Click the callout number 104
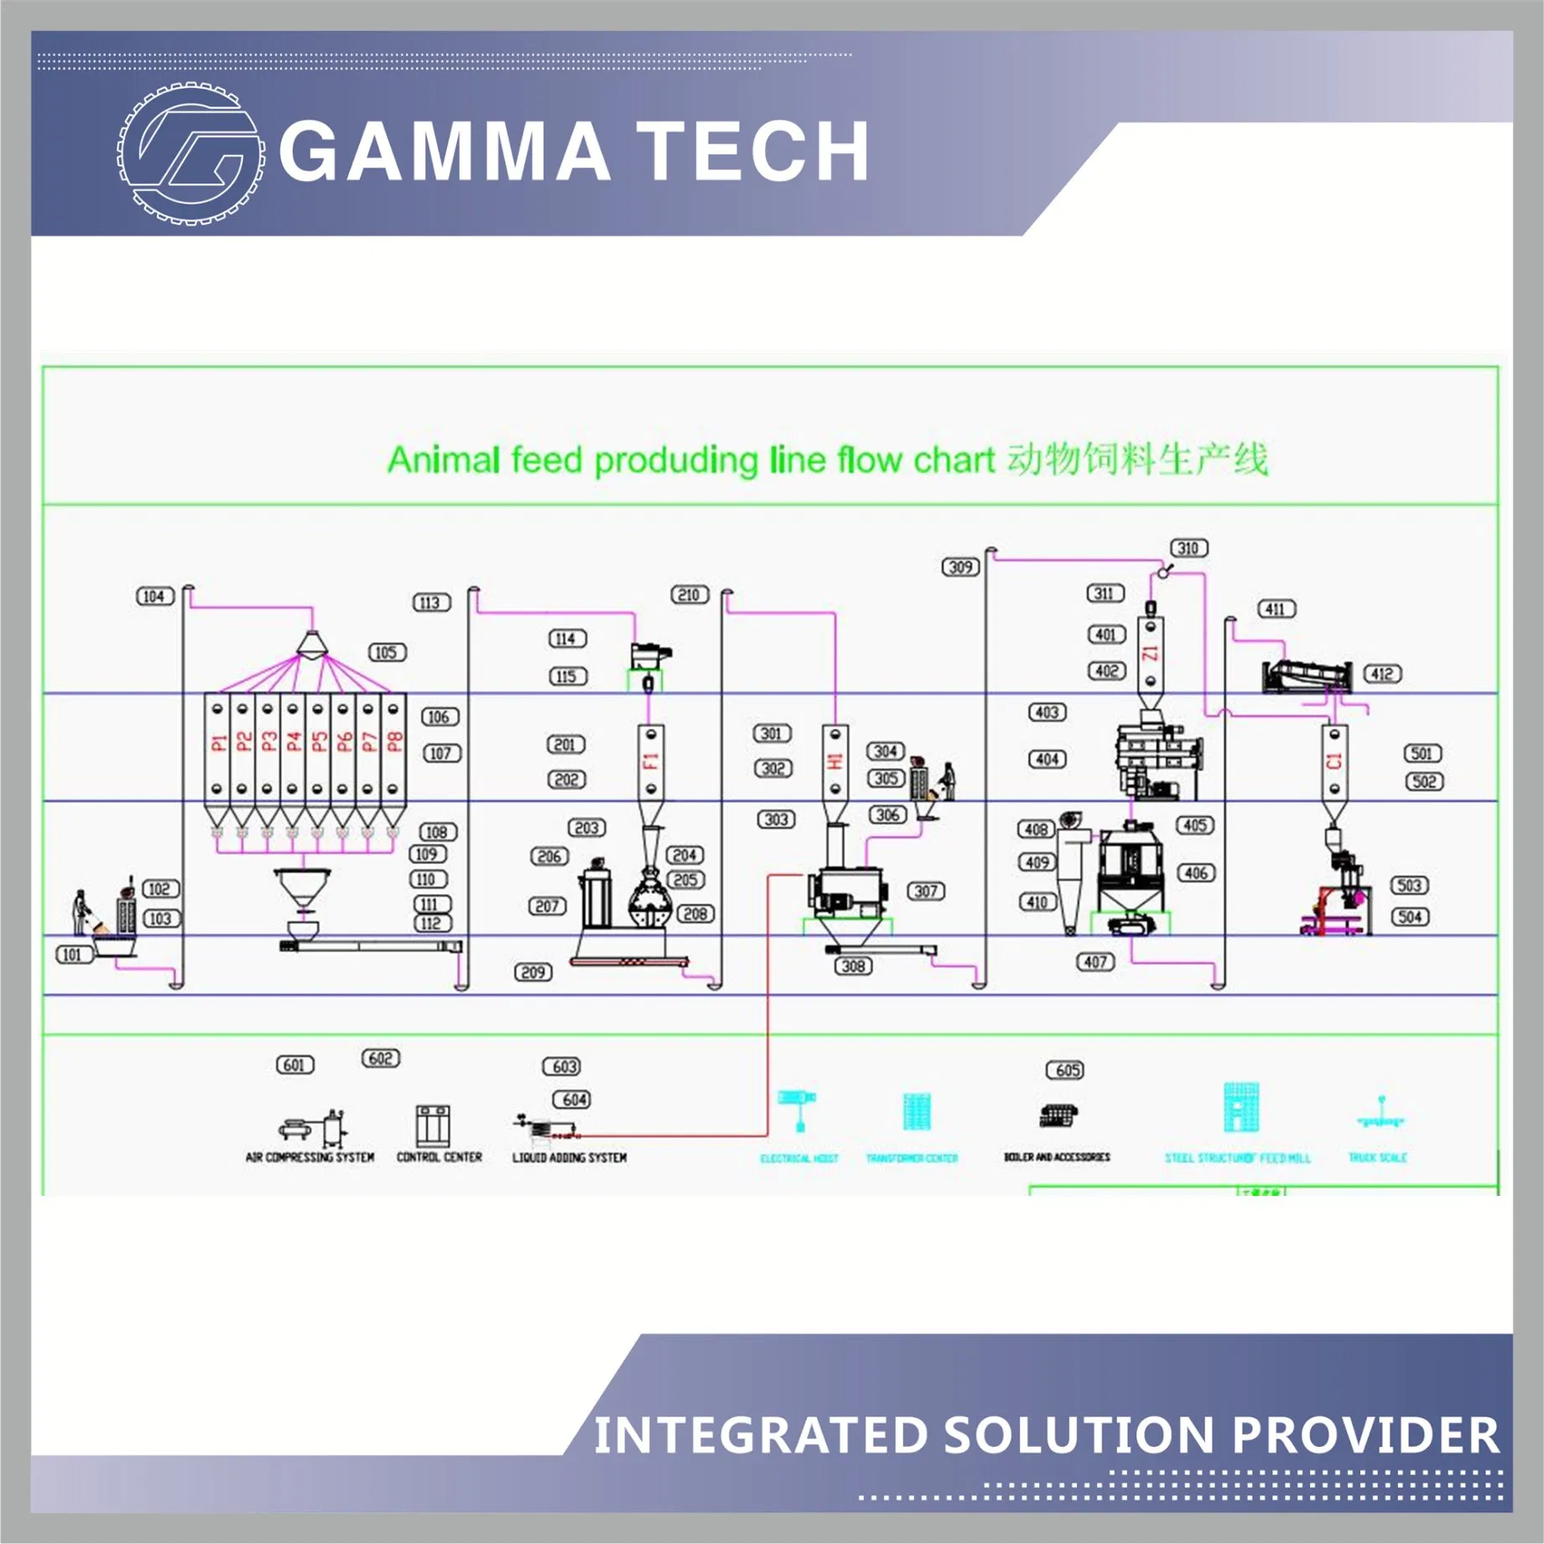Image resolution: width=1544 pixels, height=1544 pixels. pyautogui.click(x=154, y=596)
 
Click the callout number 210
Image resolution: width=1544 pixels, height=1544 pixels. pyautogui.click(x=689, y=595)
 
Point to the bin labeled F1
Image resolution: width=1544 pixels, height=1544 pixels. pyautogui.click(x=651, y=762)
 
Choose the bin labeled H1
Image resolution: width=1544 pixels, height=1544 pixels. pyautogui.click(x=834, y=762)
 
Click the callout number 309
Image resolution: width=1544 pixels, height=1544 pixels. pyautogui.click(x=960, y=567)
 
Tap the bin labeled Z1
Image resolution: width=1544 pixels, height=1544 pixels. pyautogui.click(x=1151, y=652)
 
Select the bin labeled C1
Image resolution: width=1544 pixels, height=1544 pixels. pyautogui.click(x=1334, y=762)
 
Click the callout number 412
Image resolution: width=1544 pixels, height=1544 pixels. pyautogui.click(x=1382, y=673)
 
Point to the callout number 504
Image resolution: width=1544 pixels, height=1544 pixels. pyautogui.click(x=1410, y=917)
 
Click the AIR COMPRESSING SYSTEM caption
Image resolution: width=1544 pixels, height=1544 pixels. pyautogui.click(x=309, y=1157)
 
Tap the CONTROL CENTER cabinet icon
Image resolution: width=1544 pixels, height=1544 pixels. pyautogui.click(x=434, y=1126)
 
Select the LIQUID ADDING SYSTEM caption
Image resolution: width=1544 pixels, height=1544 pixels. pyautogui.click(x=569, y=1157)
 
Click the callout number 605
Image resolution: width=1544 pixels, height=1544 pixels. pyautogui.click(x=1065, y=1070)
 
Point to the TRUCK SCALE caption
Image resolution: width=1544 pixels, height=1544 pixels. pyautogui.click(x=1377, y=1157)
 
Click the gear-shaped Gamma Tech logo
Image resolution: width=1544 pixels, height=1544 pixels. pyautogui.click(x=191, y=153)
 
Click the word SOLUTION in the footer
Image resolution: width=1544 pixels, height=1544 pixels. pyautogui.click(x=1079, y=1435)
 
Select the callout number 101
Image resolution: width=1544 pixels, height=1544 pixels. pyautogui.click(x=73, y=954)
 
